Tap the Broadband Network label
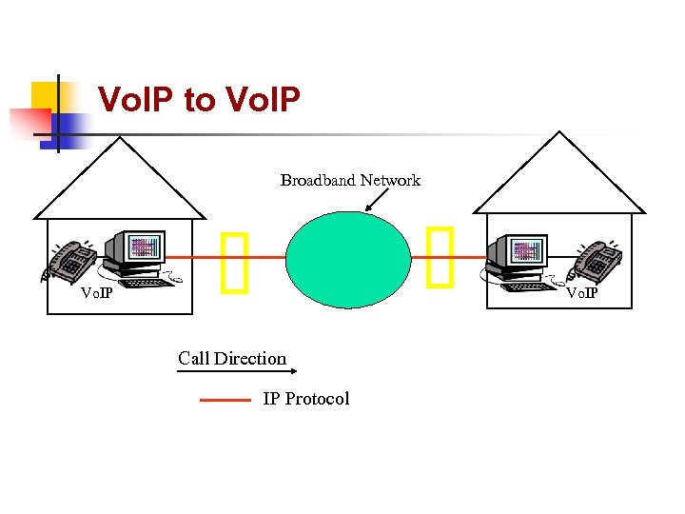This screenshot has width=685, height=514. [x=350, y=180]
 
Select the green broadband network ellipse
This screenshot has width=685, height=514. [x=348, y=259]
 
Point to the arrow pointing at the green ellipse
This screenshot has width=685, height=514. [x=377, y=201]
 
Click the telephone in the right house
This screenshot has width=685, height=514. [x=597, y=261]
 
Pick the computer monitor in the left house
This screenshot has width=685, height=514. [x=136, y=249]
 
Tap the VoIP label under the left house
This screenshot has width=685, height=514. [x=96, y=292]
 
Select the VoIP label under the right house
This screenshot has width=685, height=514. [x=583, y=292]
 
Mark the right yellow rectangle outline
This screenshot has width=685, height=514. [x=440, y=257]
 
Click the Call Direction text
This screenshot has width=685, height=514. [x=231, y=359]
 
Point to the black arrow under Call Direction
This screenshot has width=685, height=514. [x=231, y=373]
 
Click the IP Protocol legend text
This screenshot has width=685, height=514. [x=305, y=399]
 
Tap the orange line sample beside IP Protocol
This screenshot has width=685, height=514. [x=225, y=401]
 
